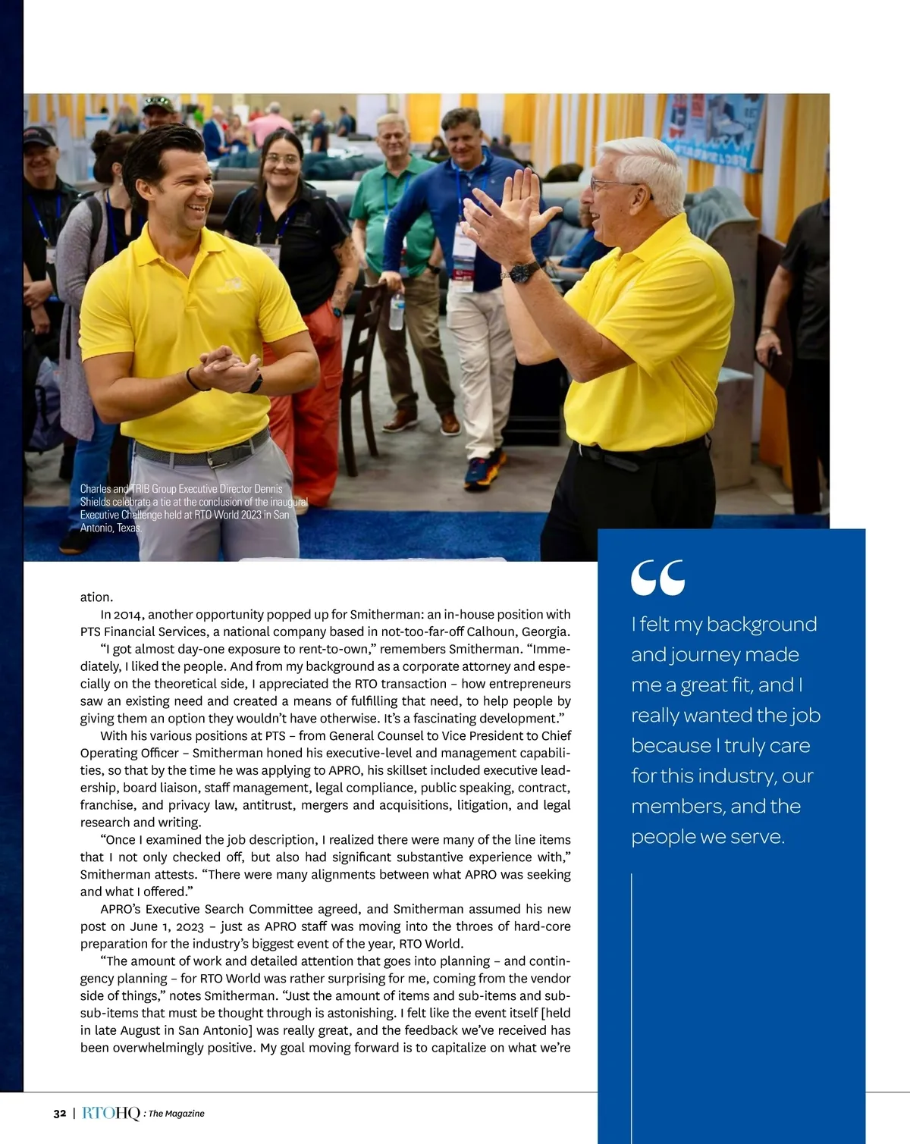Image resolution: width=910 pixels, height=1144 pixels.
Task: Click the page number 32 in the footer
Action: click(x=60, y=1114)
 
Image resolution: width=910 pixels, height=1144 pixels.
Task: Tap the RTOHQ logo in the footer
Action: click(x=111, y=1114)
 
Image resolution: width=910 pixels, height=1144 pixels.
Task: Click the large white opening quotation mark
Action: click(x=657, y=578)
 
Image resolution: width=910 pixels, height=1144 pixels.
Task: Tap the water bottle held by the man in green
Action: click(x=397, y=311)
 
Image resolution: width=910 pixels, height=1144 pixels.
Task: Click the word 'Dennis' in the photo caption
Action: click(x=268, y=489)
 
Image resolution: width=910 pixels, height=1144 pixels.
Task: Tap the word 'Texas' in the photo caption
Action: click(x=129, y=528)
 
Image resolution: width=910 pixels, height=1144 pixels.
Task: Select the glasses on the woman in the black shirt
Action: click(x=282, y=160)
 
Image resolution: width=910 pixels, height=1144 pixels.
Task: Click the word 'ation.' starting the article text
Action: click(x=96, y=597)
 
